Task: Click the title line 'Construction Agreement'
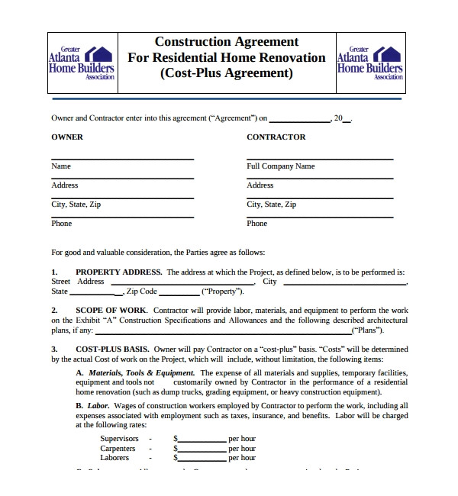pyautogui.click(x=227, y=42)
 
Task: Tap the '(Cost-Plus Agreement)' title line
pyautogui.click(x=227, y=73)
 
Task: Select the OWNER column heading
pyautogui.click(x=67, y=137)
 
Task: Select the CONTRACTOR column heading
pyautogui.click(x=276, y=137)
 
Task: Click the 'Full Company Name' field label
pyautogui.click(x=280, y=166)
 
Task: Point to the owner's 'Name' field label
pyautogui.click(x=61, y=166)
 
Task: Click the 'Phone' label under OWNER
pyautogui.click(x=62, y=224)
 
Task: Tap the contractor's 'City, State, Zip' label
pyautogui.click(x=271, y=205)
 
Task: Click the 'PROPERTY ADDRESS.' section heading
pyautogui.click(x=118, y=272)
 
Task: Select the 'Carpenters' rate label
pyautogui.click(x=118, y=449)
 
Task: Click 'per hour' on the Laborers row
pyautogui.click(x=242, y=458)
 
